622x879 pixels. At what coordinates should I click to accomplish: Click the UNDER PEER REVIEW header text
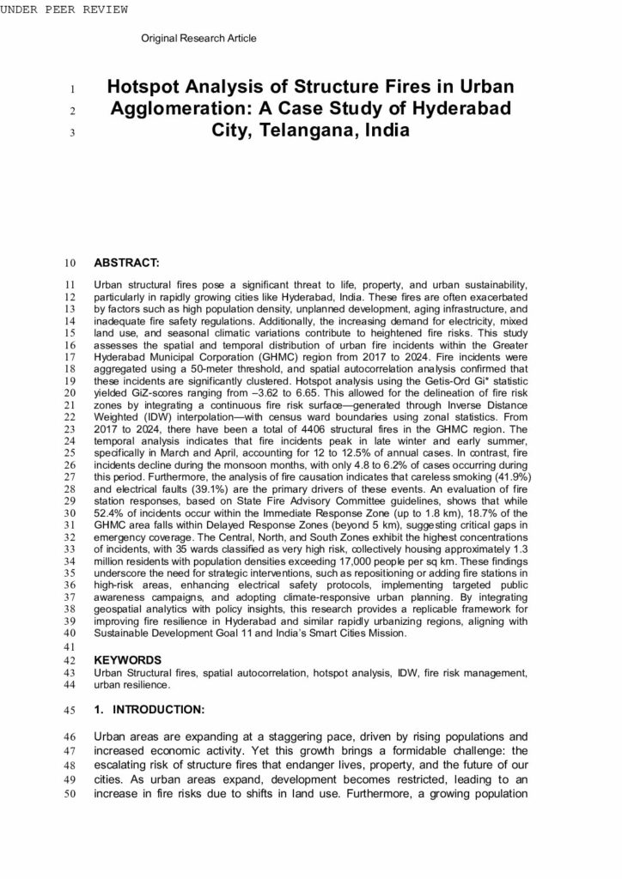pos(64,9)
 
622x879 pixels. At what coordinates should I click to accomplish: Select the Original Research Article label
pos(198,39)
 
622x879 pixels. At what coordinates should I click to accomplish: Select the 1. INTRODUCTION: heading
pos(149,710)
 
